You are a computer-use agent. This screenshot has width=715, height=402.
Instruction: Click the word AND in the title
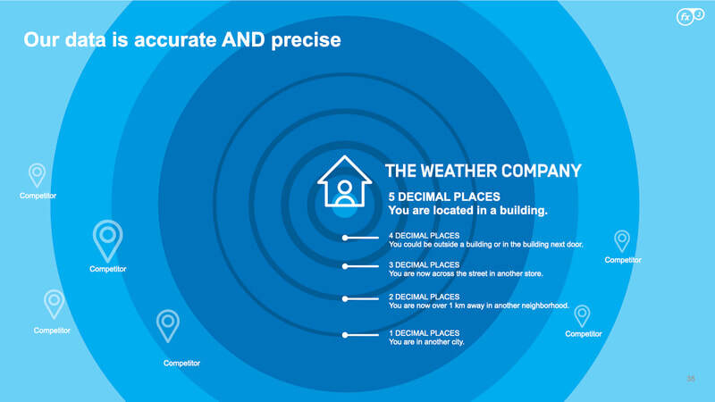pos(243,40)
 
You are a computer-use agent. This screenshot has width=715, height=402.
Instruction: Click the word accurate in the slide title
pos(174,40)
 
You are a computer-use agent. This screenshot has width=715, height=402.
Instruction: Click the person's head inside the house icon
pos(345,187)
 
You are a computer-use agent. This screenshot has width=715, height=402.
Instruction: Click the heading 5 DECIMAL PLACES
pos(444,197)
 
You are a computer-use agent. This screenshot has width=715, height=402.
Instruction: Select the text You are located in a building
pos(467,211)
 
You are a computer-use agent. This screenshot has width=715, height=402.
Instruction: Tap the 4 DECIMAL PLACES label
pos(424,236)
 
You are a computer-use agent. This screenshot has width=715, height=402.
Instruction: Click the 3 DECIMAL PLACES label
pos(424,264)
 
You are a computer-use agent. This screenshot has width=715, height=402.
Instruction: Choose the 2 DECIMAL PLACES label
pos(424,297)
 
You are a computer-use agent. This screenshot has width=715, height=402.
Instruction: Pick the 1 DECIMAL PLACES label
pos(424,333)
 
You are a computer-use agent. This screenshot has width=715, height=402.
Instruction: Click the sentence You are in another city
pos(426,342)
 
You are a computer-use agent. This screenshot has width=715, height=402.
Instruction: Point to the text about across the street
pos(466,273)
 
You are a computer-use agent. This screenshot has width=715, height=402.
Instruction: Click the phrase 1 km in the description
pos(457,306)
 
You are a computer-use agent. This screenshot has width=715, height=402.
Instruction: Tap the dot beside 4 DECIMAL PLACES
pos(345,238)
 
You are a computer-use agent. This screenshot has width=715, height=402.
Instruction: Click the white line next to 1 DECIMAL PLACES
pos(363,335)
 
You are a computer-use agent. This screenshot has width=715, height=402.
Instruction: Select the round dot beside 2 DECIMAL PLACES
pos(345,299)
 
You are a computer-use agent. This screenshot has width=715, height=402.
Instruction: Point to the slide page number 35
pos(691,379)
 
